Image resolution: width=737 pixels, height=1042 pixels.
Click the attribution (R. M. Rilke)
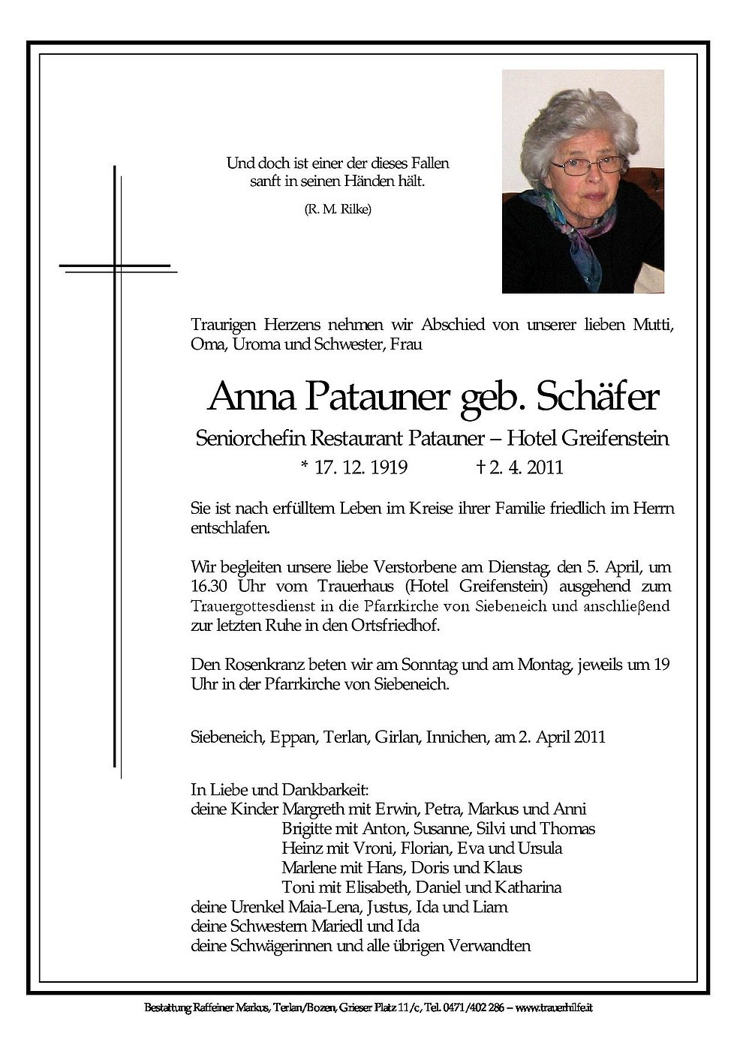point(337,209)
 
